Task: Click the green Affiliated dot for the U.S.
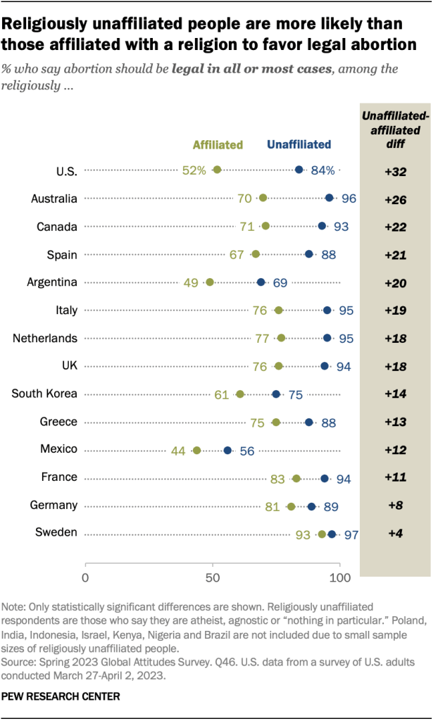(217, 170)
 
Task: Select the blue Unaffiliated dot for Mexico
(227, 450)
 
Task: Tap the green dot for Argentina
(209, 282)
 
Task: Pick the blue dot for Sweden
(332, 534)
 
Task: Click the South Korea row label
(44, 394)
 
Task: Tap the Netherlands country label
(45, 338)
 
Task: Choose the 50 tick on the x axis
(213, 578)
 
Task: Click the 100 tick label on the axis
(340, 578)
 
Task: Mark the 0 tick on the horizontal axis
(85, 578)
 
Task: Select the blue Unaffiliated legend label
(299, 145)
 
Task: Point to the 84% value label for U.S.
(325, 170)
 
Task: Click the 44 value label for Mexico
(180, 450)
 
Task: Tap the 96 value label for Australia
(349, 199)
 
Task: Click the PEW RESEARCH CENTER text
(61, 696)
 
